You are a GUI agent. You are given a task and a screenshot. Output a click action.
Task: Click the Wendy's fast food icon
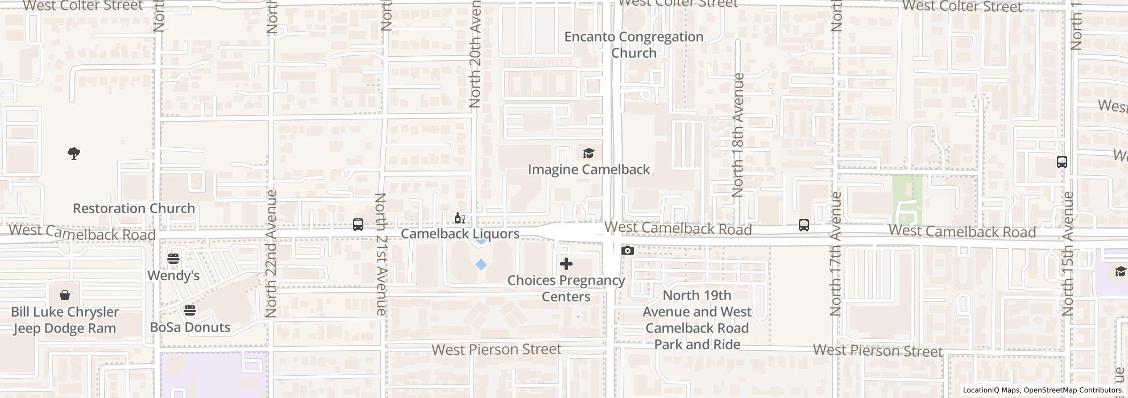tap(173, 259)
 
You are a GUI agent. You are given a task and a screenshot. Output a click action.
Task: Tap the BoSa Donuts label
tap(190, 327)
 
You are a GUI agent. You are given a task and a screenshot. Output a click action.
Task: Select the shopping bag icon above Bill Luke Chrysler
tap(65, 295)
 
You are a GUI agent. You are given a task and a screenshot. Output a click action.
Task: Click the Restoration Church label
tap(134, 209)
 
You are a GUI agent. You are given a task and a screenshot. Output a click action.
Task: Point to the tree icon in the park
tap(73, 154)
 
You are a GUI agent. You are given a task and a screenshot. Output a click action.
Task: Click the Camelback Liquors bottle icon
tap(459, 218)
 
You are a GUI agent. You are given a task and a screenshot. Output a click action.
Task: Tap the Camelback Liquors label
tap(460, 234)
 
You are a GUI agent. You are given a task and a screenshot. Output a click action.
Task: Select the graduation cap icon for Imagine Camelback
tap(588, 154)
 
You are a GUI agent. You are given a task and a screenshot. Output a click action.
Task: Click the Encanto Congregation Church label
tap(633, 45)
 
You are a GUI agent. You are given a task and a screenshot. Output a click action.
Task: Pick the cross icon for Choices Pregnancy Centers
tap(566, 264)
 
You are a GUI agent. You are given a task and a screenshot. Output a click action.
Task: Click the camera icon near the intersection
tap(628, 251)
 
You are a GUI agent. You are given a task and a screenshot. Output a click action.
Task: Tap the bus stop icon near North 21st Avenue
tap(358, 225)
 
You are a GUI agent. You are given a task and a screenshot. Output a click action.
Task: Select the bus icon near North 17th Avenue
tap(803, 225)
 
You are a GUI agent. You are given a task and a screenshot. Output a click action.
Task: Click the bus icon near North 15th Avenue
tap(1061, 162)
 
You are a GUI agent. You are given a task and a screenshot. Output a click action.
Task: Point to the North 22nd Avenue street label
tap(271, 254)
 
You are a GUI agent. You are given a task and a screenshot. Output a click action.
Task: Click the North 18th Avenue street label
tap(738, 135)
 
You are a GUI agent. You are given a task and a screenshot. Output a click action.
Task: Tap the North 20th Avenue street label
tap(475, 54)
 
